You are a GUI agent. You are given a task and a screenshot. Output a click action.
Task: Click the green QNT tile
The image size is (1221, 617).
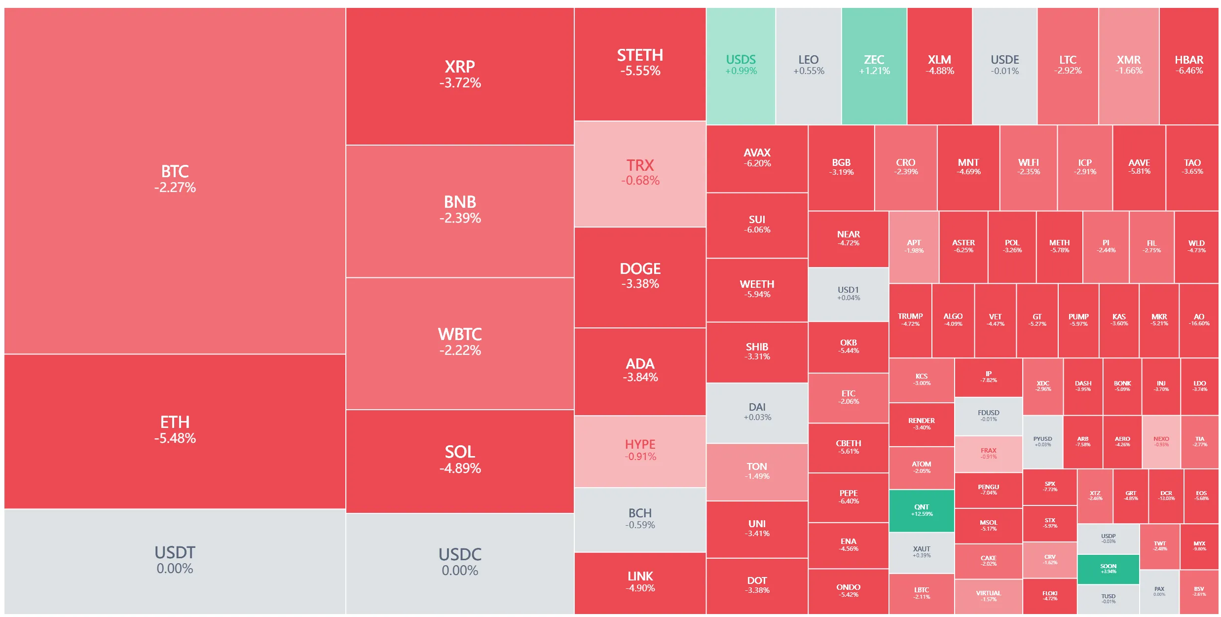coord(921,510)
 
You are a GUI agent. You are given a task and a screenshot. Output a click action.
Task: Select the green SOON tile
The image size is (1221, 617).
coord(1108,569)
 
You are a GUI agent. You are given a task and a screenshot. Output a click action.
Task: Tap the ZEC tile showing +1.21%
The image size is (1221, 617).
coord(874,65)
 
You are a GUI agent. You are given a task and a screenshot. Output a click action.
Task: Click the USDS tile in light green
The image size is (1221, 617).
coord(740,65)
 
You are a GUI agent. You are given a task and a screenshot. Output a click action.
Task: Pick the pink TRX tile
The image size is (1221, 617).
coord(640,173)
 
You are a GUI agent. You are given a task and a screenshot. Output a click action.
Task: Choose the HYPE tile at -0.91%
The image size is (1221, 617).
coord(640,450)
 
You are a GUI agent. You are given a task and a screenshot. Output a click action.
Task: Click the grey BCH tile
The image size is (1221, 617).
coord(640,519)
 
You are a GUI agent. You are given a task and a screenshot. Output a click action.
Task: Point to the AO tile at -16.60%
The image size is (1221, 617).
coord(1198,320)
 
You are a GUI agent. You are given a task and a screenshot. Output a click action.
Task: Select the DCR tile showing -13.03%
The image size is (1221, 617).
coord(1166,496)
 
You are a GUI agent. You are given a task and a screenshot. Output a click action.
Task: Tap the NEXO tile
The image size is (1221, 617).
coord(1161,441)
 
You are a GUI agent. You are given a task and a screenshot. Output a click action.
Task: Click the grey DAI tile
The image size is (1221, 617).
coord(757,412)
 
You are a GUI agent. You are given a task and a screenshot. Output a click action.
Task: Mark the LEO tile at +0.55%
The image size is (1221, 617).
coord(808,65)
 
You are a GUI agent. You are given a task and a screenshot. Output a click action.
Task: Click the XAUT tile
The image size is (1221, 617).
coord(921,552)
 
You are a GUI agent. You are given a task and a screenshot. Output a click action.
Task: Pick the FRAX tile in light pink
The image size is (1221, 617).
coord(988,453)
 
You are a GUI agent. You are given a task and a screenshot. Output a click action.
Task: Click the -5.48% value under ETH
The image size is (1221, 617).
coord(175,438)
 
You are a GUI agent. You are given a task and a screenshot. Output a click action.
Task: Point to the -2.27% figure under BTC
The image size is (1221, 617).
coord(175,188)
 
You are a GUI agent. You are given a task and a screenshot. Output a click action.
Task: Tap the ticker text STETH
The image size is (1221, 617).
coord(640,55)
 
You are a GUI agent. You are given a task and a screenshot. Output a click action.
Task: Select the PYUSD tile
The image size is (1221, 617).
coord(1042,441)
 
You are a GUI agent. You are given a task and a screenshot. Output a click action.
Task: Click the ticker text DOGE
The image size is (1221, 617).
coord(640,269)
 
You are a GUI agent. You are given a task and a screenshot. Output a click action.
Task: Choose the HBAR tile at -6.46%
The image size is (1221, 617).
coord(1188,65)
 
